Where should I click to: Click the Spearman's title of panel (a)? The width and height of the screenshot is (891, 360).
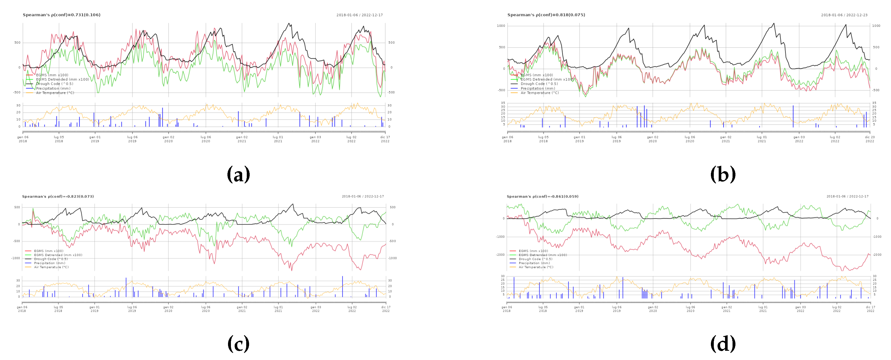tap(61, 15)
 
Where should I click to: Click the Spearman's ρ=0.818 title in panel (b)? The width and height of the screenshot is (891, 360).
tap(546, 15)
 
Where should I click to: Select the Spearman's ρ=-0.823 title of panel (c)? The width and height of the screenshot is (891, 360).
tap(58, 196)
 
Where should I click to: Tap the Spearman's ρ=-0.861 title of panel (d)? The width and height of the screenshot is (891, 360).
tap(542, 196)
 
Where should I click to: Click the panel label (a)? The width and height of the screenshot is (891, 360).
tap(238, 174)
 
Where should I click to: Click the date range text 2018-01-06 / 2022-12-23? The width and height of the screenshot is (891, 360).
tap(844, 15)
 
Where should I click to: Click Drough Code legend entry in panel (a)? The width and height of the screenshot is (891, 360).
tap(54, 84)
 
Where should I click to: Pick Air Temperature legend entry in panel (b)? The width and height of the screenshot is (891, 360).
tap(539, 93)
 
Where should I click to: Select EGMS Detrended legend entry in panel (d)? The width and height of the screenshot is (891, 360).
tap(542, 255)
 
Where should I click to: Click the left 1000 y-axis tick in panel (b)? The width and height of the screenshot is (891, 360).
tap(501, 26)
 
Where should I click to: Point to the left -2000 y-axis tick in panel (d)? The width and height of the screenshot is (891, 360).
tap(500, 255)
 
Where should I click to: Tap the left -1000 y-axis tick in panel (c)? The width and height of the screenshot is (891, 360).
tap(16, 258)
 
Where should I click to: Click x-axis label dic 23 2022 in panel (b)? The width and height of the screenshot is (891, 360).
tap(870, 139)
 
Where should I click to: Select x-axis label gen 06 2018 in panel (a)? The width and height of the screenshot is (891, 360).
tap(23, 139)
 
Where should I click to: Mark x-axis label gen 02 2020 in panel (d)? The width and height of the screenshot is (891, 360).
tap(653, 309)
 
